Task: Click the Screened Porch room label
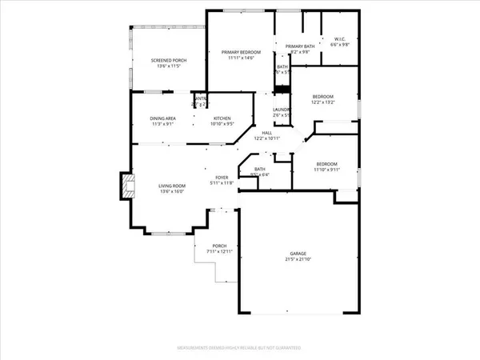(167, 61)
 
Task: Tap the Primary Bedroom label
(241, 52)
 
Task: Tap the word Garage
(296, 253)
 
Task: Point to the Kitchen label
(222, 119)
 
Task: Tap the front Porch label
(219, 246)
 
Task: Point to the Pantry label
(200, 98)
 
